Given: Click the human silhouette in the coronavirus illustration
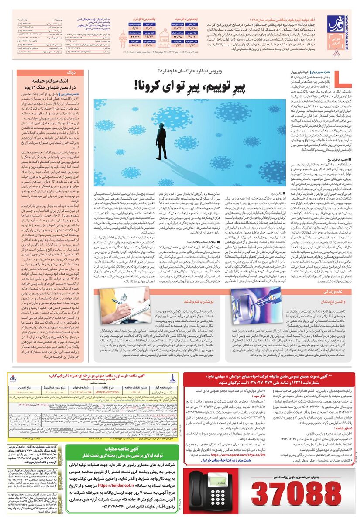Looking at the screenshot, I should point(163,135).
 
